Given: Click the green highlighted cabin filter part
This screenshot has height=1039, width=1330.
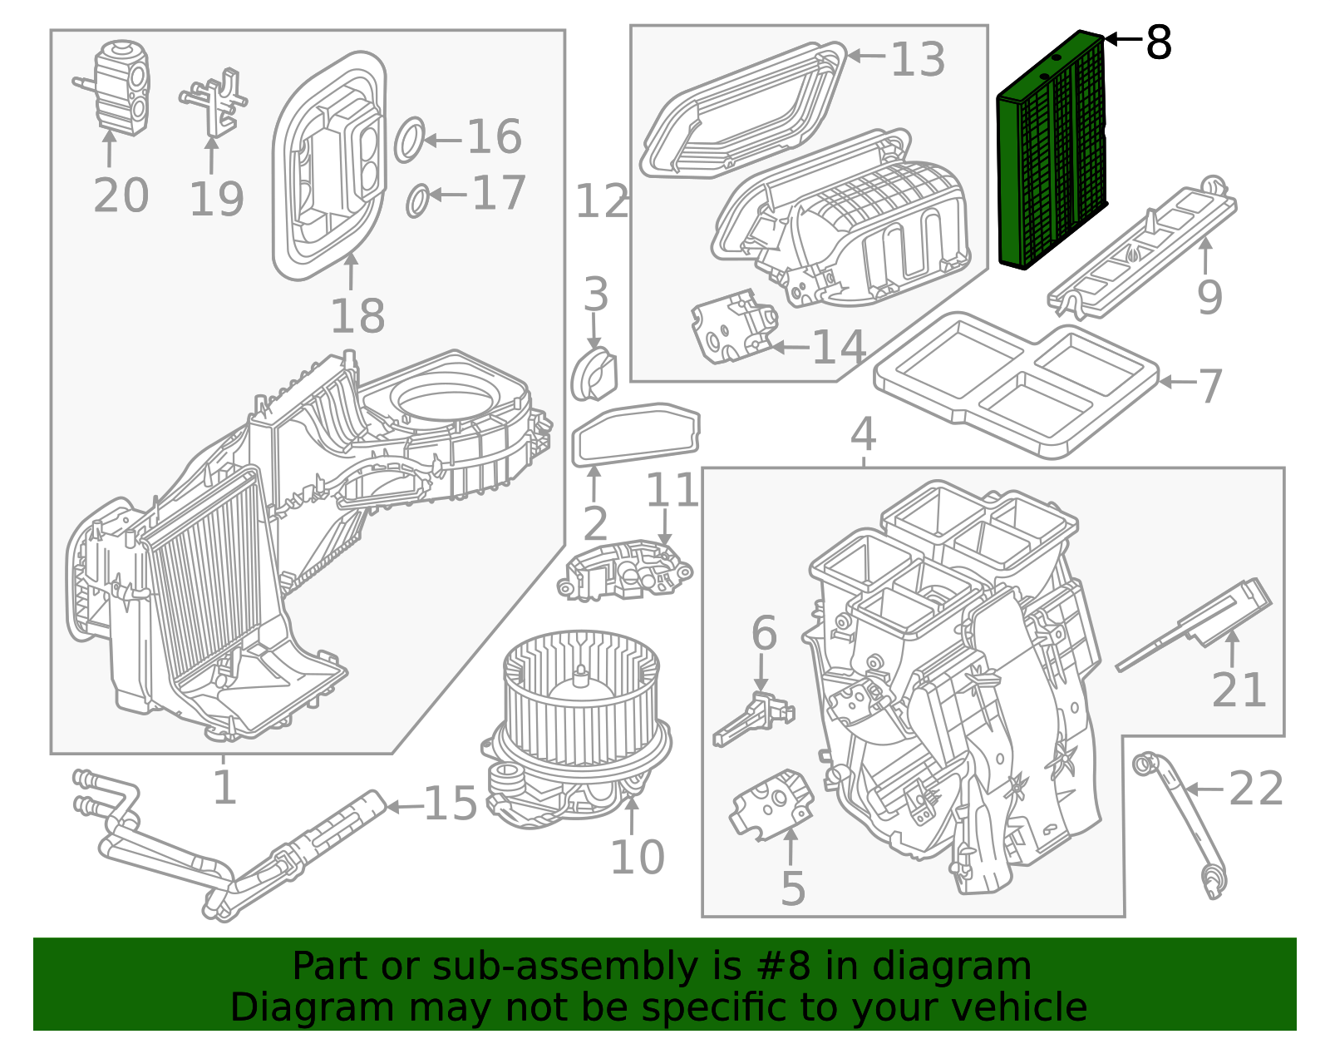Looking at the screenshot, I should click(1052, 150).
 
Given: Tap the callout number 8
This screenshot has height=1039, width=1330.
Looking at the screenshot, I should click(1158, 42).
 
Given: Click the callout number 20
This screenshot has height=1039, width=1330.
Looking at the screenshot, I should click(121, 195).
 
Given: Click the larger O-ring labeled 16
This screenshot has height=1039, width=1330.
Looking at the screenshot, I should click(409, 139).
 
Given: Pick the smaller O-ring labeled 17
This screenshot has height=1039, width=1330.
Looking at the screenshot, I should click(418, 200).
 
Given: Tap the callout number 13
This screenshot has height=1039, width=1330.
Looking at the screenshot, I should click(918, 59).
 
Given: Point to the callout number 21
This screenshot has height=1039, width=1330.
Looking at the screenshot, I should click(1238, 690).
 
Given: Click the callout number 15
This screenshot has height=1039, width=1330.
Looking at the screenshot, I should click(450, 804).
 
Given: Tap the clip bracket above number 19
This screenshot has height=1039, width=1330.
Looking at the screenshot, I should click(214, 101).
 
